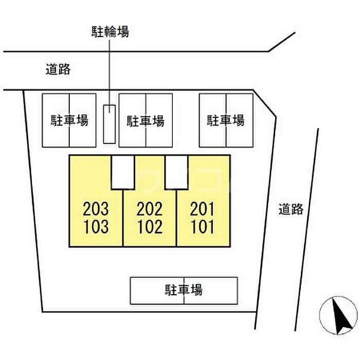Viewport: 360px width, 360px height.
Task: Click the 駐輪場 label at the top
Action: click(110, 32)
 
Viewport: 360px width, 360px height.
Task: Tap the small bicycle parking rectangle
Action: click(110, 124)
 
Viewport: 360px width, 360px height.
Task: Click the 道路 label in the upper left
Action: click(58, 70)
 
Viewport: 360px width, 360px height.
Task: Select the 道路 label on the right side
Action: click(291, 209)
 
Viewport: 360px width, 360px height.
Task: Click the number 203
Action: click(96, 209)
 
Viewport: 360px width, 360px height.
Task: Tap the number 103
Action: click(96, 226)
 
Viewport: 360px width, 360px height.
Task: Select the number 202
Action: click(150, 209)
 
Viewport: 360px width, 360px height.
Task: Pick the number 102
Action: click(150, 226)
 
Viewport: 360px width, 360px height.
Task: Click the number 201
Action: click(202, 209)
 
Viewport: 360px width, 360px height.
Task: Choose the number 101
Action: click(202, 226)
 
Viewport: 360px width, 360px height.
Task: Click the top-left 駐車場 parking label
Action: click(69, 120)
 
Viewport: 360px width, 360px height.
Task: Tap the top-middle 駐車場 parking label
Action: click(146, 121)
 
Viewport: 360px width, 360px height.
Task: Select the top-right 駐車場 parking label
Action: click(226, 120)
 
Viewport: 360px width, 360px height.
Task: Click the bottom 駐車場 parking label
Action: click(184, 290)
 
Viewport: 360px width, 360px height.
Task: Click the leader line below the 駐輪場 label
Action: click(110, 72)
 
